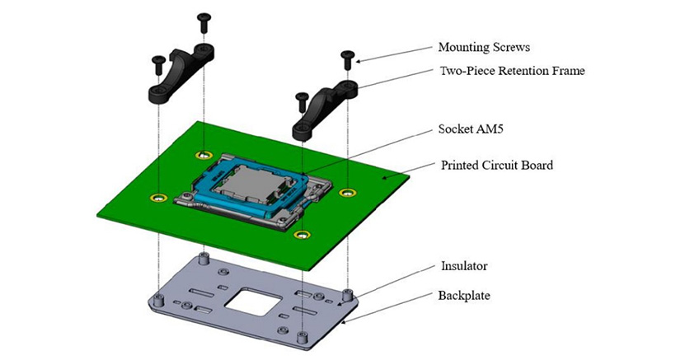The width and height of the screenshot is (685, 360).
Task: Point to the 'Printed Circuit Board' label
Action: pos(497,165)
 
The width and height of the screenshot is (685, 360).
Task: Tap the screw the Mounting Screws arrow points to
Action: pos(346,58)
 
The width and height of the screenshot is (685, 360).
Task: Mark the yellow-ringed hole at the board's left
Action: pos(157,197)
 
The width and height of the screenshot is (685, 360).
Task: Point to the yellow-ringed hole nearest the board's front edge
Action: pos(303,235)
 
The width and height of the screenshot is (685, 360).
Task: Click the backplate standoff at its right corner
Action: pos(348,295)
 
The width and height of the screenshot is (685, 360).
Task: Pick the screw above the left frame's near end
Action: pos(157,62)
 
